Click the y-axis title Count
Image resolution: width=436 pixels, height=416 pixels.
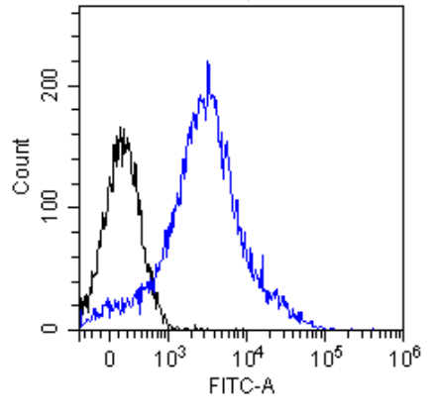(21, 165)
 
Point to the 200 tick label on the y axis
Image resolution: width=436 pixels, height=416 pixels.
(61, 85)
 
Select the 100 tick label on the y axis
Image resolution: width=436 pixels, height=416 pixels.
(61, 207)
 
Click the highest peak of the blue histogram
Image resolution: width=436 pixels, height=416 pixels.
(208, 62)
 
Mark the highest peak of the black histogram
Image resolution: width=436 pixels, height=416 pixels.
(120, 128)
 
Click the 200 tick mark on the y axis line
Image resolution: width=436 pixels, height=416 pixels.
(77, 85)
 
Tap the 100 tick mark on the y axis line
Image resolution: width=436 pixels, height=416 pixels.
(77, 207)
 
